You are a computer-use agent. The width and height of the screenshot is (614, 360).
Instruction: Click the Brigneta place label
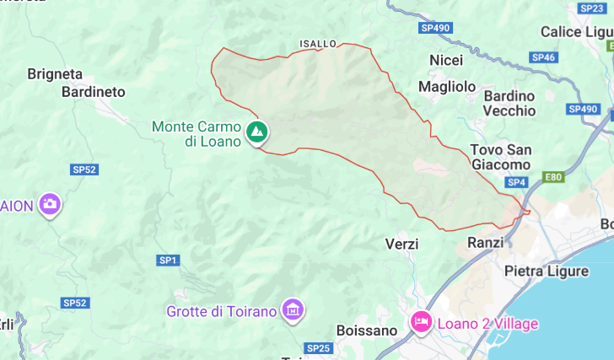tap(55, 73)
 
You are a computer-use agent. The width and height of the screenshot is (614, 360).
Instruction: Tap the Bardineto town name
tap(93, 91)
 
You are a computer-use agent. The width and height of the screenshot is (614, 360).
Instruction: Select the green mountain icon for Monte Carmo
tap(257, 132)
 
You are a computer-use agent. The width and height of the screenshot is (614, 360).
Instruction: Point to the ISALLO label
tap(318, 43)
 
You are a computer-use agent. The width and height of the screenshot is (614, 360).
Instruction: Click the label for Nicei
tap(446, 61)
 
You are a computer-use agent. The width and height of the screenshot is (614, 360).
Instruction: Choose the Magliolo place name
tap(447, 87)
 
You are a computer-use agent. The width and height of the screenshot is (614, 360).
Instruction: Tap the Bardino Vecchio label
tap(509, 103)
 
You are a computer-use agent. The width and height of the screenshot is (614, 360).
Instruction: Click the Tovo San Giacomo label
tap(501, 157)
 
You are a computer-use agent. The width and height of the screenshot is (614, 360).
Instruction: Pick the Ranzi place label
tap(485, 242)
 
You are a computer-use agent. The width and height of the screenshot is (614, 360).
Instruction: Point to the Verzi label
tap(401, 244)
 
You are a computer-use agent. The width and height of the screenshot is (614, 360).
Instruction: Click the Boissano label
tap(366, 330)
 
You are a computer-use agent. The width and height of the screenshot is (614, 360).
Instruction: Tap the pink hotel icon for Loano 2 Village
tap(421, 322)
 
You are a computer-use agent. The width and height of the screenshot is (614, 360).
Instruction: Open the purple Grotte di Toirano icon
tap(293, 310)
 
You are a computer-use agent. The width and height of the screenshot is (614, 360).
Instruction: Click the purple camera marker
tap(50, 204)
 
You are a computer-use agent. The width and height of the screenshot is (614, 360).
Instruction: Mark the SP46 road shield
tap(544, 57)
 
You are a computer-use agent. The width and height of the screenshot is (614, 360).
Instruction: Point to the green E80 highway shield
tap(553, 177)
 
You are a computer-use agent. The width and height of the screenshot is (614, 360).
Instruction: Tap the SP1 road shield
tap(168, 261)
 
